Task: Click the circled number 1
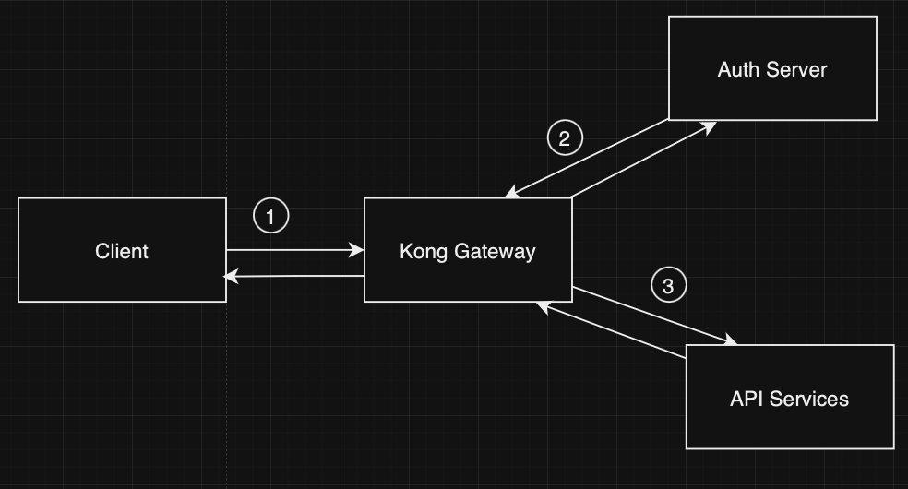(270, 217)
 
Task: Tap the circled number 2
(565, 138)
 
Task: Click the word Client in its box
(122, 251)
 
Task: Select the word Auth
(738, 69)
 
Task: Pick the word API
(747, 399)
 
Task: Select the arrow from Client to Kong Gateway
(295, 250)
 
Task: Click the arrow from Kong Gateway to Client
(295, 276)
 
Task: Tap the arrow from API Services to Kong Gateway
(609, 328)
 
